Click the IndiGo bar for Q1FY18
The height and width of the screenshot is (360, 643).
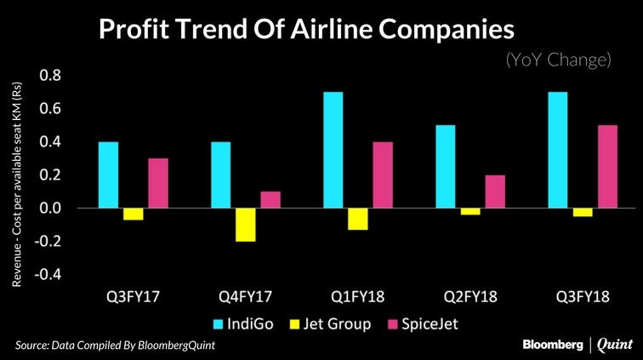coord(333,150)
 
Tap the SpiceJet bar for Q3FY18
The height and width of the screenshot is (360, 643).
coord(607,166)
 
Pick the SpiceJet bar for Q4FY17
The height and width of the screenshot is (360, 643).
coord(270,200)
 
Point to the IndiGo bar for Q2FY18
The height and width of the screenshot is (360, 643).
coord(445,167)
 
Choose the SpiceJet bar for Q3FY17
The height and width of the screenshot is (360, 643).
coord(158,183)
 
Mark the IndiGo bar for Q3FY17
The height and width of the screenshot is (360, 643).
coord(108,174)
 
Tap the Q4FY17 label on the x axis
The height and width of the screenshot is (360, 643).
coord(247,299)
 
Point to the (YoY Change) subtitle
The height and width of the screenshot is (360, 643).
coord(558,60)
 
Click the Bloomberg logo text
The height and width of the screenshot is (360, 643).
coord(553,344)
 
